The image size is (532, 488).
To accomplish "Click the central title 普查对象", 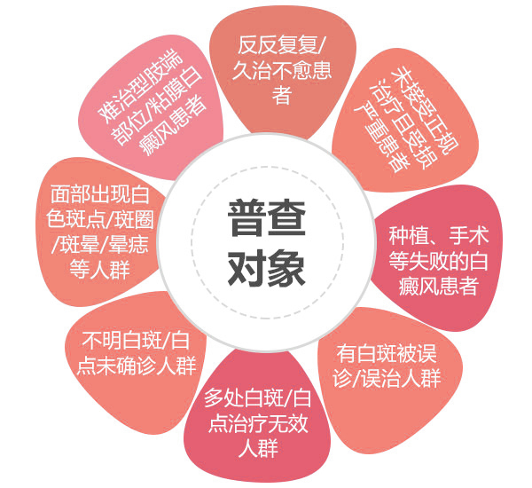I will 266,240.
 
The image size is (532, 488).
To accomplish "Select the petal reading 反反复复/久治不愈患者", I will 282,69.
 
